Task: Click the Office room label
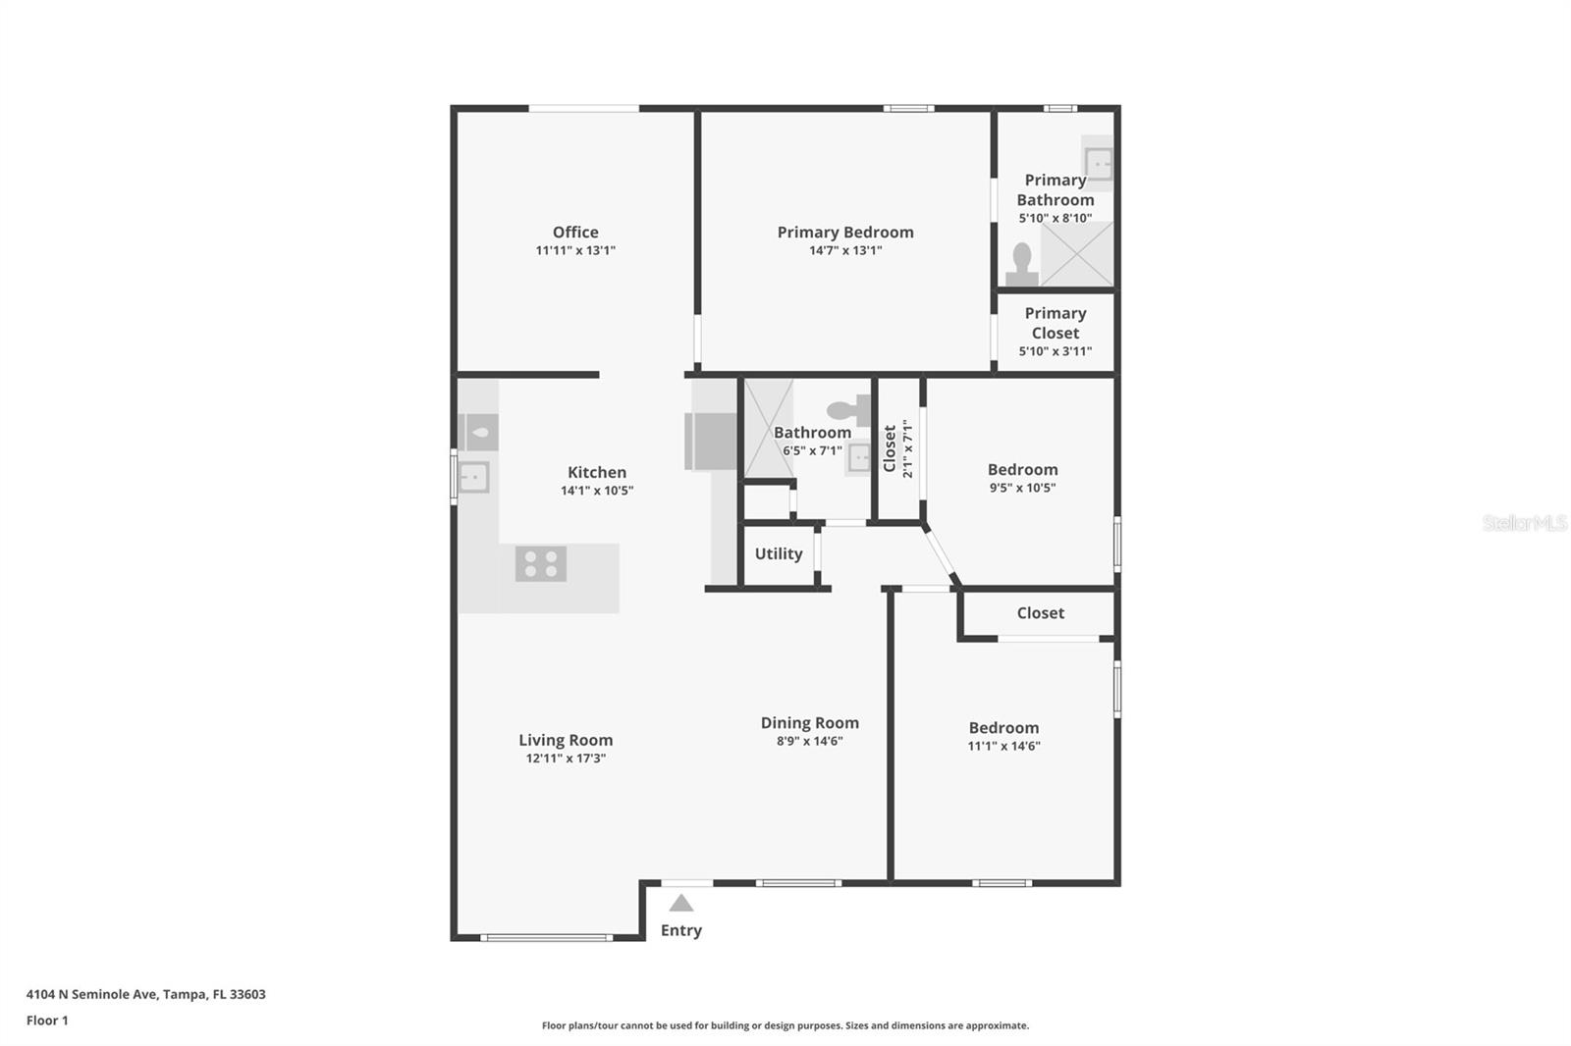coord(575,233)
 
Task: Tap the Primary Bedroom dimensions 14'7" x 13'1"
coord(844,250)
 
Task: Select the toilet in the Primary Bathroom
coord(1022,264)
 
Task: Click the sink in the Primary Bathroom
coord(1098,163)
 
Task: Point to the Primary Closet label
coord(1055,323)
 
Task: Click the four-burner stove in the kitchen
coord(540,563)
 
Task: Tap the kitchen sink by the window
coord(473,477)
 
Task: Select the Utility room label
coord(779,554)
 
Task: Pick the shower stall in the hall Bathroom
coord(769,429)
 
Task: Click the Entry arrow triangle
coord(680,904)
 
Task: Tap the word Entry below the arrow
coord(680,930)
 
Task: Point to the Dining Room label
coord(809,723)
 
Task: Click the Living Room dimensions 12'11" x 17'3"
coord(566,758)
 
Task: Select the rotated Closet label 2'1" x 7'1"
coord(897,448)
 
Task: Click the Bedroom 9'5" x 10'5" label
coord(1022,470)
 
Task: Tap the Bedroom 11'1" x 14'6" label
coord(1003,728)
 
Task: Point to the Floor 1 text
coord(47,1020)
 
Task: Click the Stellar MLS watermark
coord(1524,523)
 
